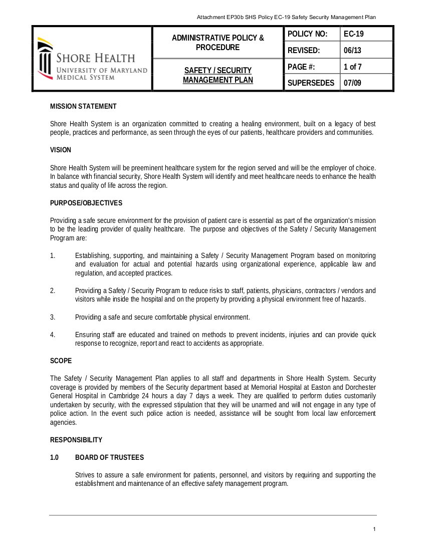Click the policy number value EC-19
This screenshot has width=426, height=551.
coord(353,34)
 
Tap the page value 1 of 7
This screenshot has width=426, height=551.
coord(353,67)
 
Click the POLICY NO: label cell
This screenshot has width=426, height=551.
coord(307,34)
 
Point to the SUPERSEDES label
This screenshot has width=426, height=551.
coord(311,83)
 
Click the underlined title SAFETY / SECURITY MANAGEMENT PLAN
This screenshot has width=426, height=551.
coord(218,75)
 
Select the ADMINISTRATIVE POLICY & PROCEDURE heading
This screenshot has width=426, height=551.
coord(218,43)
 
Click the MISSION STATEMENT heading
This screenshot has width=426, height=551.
coord(83,106)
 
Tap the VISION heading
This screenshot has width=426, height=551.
coord(61,150)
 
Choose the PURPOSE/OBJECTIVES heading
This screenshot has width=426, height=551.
coord(86,203)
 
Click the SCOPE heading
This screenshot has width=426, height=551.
coord(61,361)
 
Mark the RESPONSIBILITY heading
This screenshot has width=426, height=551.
coord(76,440)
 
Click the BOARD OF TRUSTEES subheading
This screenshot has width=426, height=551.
coord(109,457)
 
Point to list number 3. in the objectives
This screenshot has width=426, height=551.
coord(53,317)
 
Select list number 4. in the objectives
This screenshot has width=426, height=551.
coord(53,335)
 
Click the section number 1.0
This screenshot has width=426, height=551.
coord(55,457)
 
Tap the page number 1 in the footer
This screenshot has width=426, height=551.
coord(374,529)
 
